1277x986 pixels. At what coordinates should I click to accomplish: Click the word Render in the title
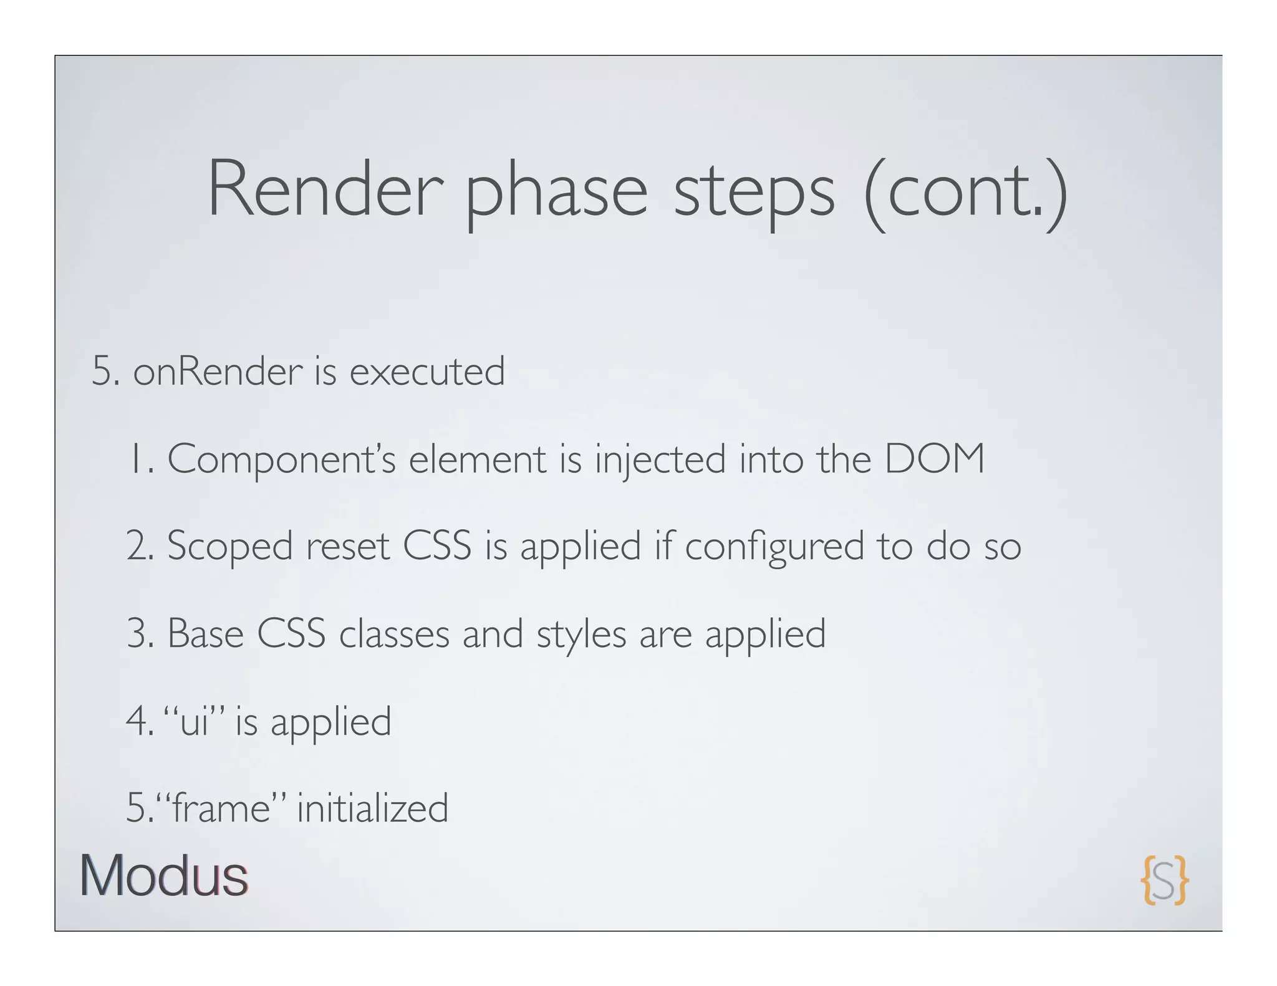point(325,188)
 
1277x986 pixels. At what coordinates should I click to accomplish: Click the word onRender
point(218,371)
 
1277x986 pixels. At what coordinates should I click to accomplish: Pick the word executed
point(427,371)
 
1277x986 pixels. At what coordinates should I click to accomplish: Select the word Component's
point(281,459)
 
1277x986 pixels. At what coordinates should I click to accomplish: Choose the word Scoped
point(229,547)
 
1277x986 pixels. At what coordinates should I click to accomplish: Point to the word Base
point(205,634)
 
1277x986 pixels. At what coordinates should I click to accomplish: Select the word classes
point(394,634)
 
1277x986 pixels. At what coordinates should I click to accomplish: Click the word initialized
point(372,808)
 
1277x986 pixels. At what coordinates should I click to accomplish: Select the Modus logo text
point(164,876)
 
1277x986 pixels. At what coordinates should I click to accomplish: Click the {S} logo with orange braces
point(1164,879)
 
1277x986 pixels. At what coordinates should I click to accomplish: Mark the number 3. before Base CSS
point(139,634)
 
